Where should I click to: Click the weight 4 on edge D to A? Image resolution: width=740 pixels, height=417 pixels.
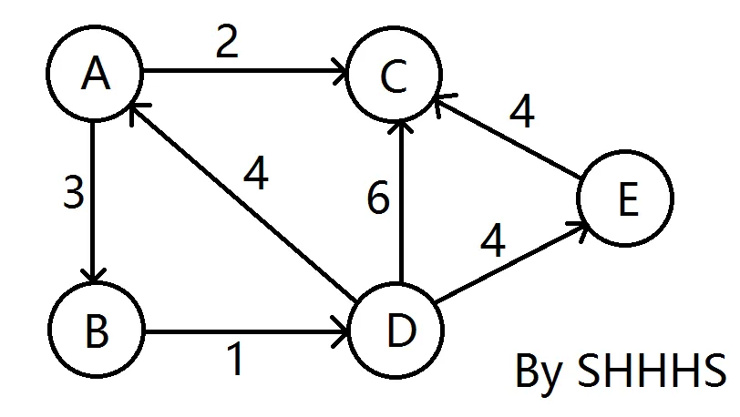point(255,175)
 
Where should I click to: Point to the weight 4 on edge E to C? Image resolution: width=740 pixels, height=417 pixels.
point(521,113)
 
